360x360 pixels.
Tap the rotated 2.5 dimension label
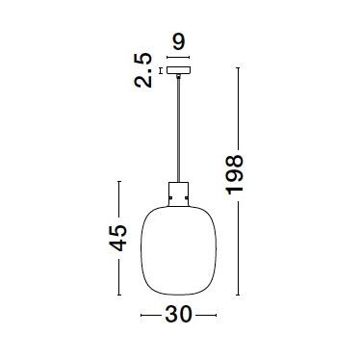144,70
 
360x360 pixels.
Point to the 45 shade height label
117,239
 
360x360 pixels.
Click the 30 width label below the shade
180,315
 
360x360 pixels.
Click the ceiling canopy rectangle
177,70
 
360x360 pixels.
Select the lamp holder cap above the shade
178,193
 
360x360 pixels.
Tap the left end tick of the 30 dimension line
141,315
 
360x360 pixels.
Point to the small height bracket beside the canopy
160,70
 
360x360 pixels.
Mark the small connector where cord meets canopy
178,77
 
